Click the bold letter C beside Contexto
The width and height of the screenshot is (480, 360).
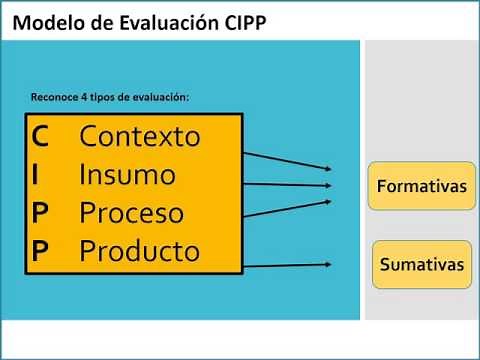[40, 135]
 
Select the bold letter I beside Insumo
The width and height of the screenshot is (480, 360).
[36, 174]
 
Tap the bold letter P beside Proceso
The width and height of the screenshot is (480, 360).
[40, 212]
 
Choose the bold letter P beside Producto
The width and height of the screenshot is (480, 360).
[40, 250]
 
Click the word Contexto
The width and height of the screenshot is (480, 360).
[140, 136]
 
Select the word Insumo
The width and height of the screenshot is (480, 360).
[127, 175]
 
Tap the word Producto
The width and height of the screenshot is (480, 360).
[140, 250]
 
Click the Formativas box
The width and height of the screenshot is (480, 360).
[421, 186]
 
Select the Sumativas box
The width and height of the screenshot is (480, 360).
[421, 265]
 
